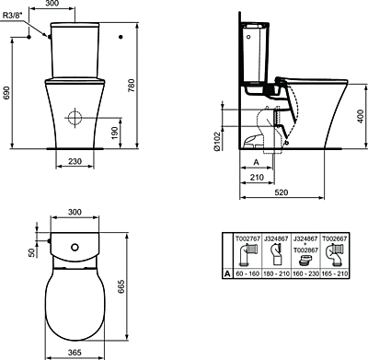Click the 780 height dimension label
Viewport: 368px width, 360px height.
coord(132,87)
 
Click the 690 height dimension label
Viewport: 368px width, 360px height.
coord(6,93)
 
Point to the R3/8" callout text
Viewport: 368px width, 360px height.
coord(13,16)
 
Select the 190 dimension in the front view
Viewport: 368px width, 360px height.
coord(115,133)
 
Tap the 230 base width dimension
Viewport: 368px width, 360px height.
coord(75,161)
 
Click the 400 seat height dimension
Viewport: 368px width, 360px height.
coord(361,116)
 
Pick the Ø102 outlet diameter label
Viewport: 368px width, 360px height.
coord(217,141)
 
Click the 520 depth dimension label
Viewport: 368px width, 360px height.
coord(282,192)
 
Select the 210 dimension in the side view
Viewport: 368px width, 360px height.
coord(257,178)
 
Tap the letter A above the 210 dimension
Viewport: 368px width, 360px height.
coord(257,162)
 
